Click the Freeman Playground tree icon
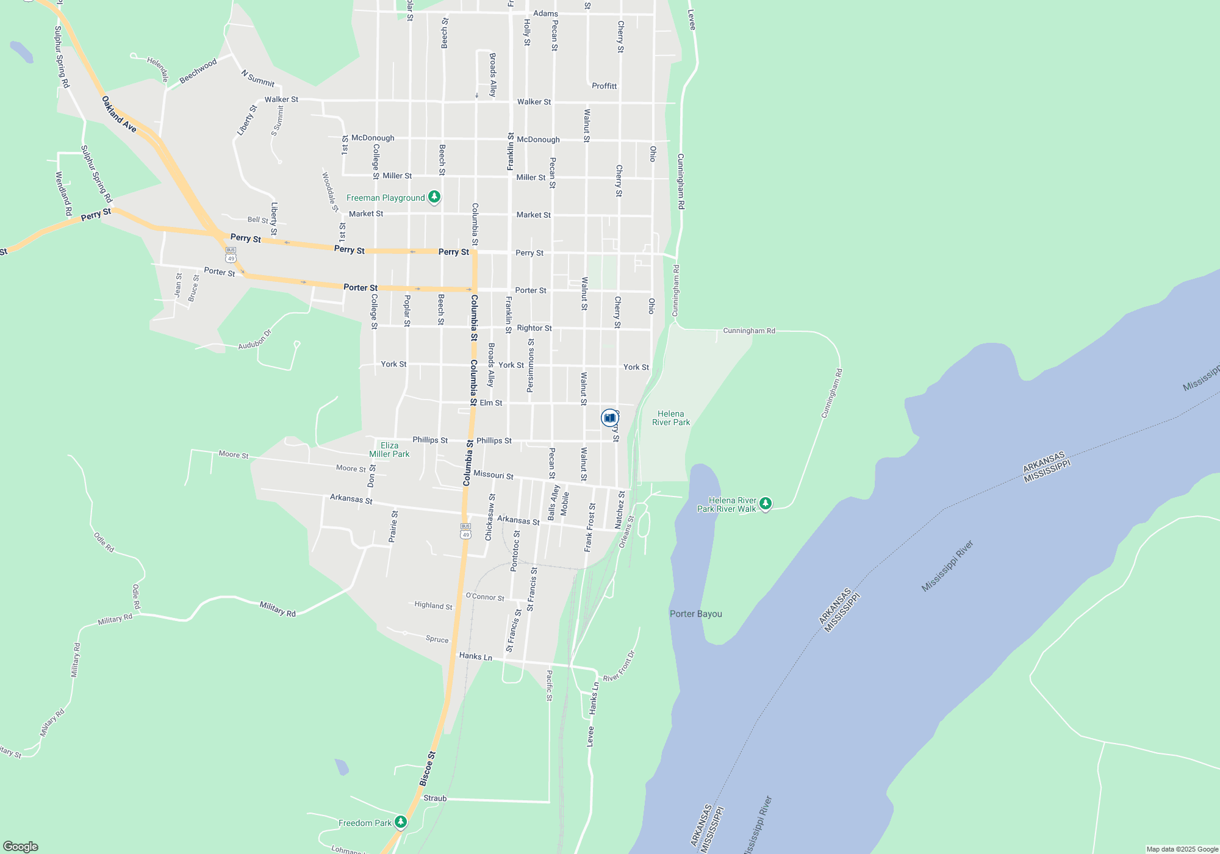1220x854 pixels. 434,196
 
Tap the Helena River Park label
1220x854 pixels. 671,418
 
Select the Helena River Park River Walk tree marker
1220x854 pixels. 766,503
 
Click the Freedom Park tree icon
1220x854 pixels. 400,822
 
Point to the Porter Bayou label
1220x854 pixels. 695,614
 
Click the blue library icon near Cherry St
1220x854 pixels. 609,417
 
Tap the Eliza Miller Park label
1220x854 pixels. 389,450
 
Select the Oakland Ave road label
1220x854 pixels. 119,114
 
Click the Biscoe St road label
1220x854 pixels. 428,768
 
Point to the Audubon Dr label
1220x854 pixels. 254,340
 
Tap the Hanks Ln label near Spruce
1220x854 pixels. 475,656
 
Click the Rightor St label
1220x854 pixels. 534,328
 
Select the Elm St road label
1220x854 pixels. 491,403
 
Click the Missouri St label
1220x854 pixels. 493,475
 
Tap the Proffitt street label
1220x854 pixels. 604,86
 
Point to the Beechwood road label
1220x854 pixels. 198,71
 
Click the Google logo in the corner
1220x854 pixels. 21,846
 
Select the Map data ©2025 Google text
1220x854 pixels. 1182,849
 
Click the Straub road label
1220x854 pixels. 435,798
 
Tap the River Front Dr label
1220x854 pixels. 619,666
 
